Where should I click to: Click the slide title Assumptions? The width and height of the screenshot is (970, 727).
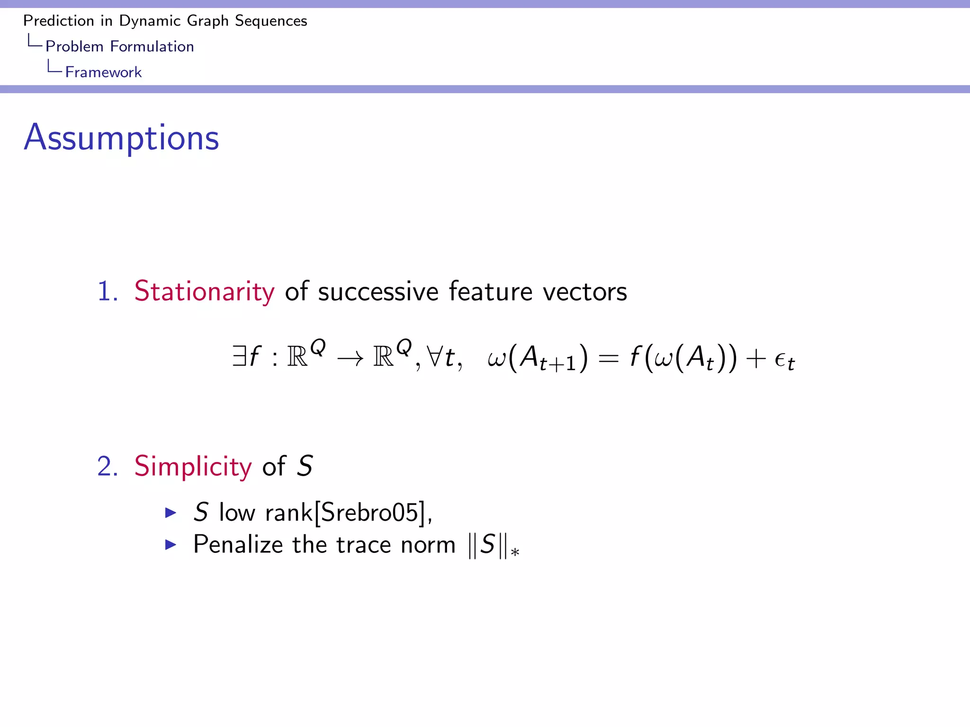click(x=121, y=138)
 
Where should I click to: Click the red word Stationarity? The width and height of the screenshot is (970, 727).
click(x=204, y=291)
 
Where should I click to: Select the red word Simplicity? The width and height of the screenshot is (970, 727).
click(x=193, y=466)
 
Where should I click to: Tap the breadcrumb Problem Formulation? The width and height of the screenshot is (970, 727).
click(x=119, y=46)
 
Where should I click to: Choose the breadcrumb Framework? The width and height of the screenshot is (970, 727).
click(x=103, y=72)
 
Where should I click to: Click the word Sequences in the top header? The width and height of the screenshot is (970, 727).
click(x=271, y=21)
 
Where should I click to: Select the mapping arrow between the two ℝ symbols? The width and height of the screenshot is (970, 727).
click(x=350, y=358)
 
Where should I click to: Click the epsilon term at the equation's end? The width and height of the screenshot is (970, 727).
click(x=784, y=361)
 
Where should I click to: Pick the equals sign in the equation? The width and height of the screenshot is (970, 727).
click(x=608, y=358)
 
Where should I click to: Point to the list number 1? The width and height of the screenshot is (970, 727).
click(x=107, y=291)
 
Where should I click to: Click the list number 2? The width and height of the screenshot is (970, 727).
click(x=107, y=466)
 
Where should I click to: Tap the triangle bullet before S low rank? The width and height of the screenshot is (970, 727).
click(x=171, y=513)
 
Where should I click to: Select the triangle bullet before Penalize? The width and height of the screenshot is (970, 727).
click(x=171, y=545)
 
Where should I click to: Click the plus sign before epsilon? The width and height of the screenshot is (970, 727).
click(x=755, y=358)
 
